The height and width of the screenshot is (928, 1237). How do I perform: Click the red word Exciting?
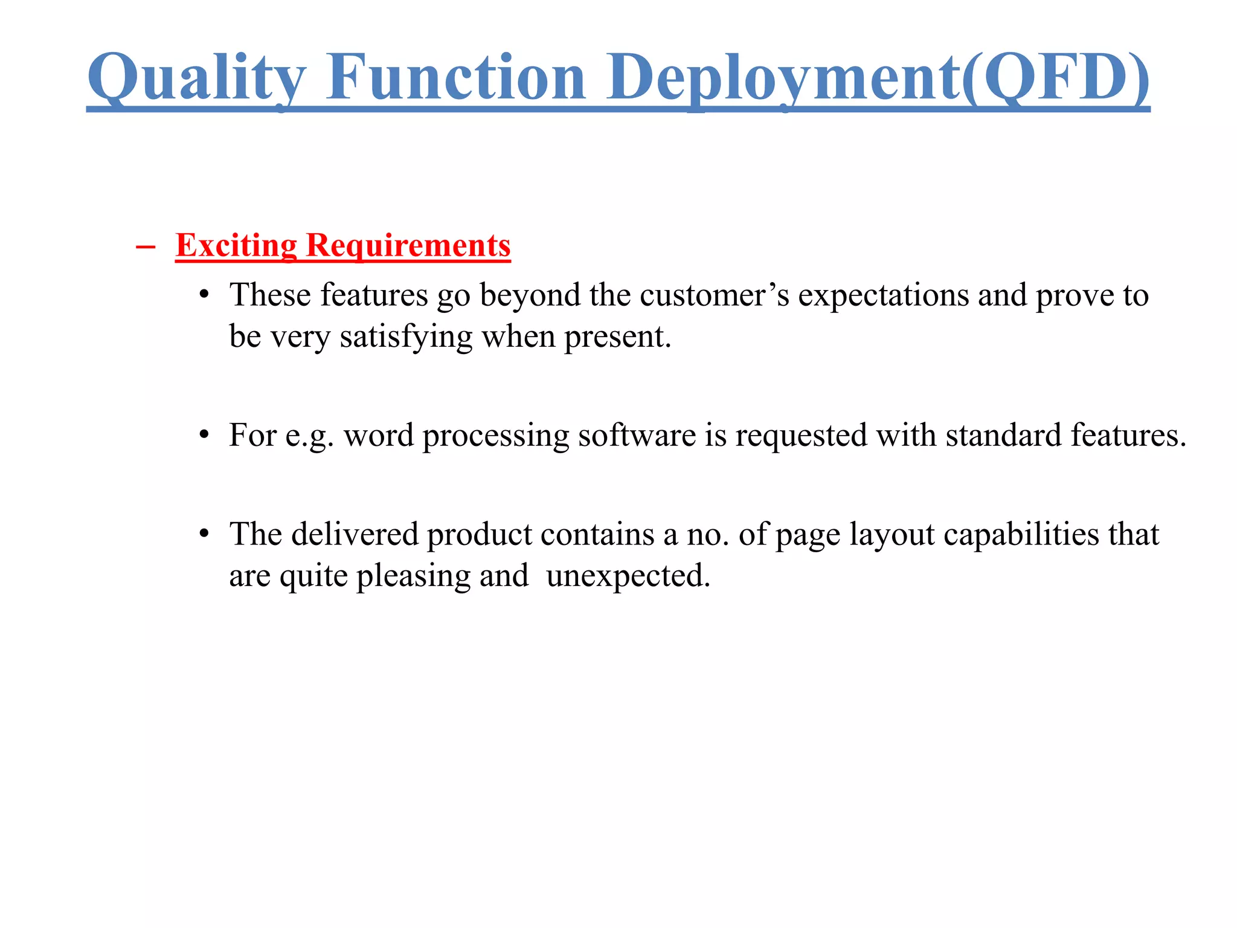(236, 246)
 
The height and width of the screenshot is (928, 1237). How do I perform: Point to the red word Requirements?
(408, 246)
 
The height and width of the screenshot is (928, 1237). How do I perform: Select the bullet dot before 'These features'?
(205, 295)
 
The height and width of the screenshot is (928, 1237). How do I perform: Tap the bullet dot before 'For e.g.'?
(205, 435)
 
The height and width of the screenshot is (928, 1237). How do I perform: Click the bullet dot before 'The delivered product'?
(205, 534)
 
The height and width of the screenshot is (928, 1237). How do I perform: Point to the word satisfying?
(405, 337)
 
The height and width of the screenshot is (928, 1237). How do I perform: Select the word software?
(637, 436)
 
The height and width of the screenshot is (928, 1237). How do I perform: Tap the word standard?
(1003, 436)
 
